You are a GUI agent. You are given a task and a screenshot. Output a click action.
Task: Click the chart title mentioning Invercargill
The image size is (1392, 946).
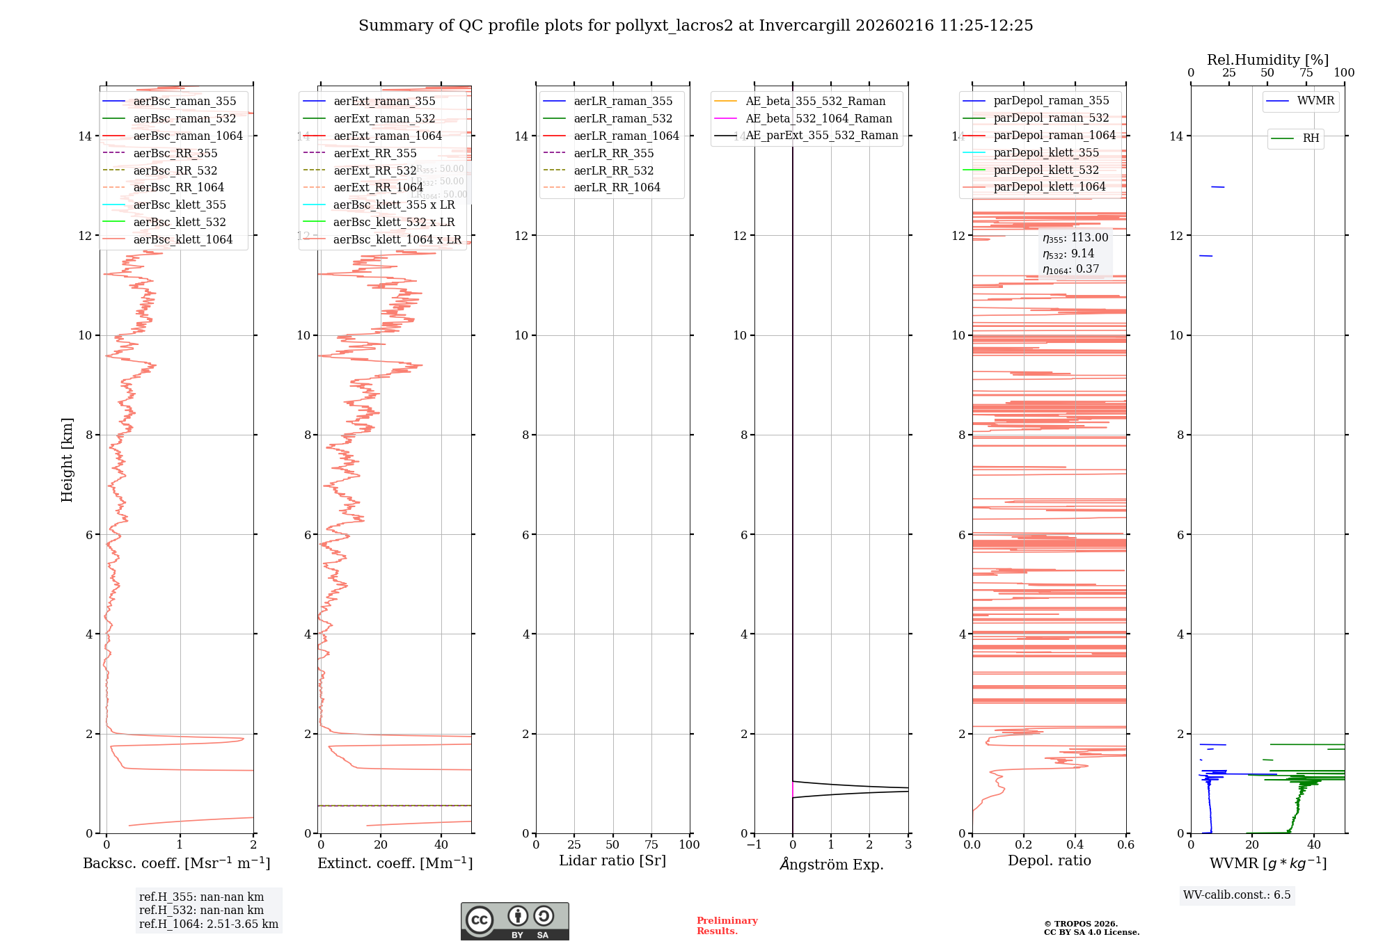695,26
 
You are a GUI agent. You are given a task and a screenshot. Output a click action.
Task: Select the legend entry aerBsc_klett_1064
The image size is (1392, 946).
182,239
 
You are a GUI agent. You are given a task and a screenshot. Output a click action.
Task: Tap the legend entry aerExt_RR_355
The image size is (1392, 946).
374,153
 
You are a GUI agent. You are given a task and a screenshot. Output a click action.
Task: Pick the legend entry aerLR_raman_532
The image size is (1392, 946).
623,118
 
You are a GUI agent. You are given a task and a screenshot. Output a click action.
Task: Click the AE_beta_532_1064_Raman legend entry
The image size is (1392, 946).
818,118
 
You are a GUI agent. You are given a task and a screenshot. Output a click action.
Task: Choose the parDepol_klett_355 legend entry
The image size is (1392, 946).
1046,152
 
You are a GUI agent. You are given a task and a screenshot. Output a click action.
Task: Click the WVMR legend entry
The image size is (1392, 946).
1315,101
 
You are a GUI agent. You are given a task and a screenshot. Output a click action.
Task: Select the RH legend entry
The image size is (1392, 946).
1311,138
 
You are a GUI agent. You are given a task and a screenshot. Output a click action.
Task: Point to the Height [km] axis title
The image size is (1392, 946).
67,460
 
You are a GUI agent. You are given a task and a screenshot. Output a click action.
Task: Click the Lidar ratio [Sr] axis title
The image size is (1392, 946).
612,860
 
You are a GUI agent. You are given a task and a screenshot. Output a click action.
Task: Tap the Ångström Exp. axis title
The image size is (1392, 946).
831,864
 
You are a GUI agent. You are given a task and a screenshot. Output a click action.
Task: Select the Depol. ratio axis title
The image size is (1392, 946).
1049,860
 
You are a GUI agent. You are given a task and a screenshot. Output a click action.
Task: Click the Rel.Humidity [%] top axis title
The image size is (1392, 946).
1267,60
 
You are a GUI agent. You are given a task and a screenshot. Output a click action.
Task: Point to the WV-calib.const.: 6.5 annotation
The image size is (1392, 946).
1237,895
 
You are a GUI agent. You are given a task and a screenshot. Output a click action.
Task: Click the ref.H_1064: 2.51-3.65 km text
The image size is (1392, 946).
209,924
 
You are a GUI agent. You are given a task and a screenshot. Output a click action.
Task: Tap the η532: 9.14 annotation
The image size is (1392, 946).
1068,254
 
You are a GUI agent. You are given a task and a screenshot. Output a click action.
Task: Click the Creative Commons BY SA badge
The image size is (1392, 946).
514,921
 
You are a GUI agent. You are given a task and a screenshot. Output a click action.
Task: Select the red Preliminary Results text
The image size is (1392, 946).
727,925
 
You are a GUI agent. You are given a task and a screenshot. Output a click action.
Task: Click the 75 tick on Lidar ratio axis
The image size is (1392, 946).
651,844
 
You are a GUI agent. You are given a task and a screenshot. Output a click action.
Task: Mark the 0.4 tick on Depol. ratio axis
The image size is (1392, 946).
1075,844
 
